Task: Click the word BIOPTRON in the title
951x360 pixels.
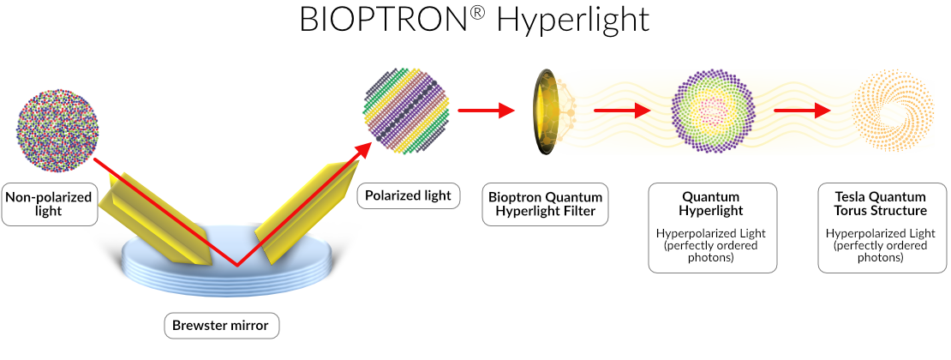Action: click(385, 20)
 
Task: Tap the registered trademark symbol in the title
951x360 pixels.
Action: click(479, 12)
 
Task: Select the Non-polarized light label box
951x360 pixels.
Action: click(49, 204)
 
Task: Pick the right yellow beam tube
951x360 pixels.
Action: click(303, 213)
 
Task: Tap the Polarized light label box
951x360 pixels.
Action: click(408, 195)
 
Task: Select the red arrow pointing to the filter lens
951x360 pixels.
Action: click(486, 111)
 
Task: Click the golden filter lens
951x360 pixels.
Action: click(545, 111)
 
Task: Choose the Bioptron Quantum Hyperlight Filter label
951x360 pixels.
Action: click(545, 204)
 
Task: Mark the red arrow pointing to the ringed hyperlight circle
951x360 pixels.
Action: click(622, 111)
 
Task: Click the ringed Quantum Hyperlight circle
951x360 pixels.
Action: click(713, 111)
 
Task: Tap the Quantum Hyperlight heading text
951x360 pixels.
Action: click(713, 203)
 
